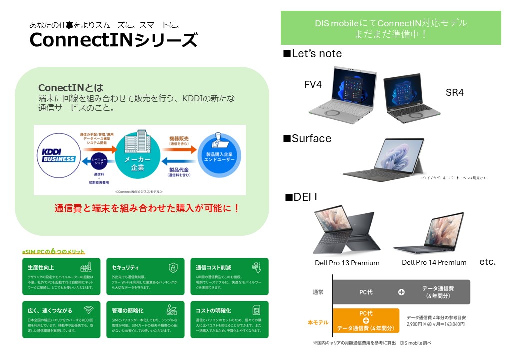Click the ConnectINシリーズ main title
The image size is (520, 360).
click(x=113, y=40)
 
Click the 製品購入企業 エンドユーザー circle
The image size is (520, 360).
click(x=217, y=156)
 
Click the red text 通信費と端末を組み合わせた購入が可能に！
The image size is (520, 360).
click(x=147, y=208)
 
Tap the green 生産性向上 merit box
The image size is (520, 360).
click(x=61, y=276)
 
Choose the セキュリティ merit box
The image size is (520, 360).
click(x=145, y=276)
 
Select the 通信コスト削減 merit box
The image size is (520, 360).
click(x=229, y=276)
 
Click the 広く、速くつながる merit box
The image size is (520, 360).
click(x=61, y=319)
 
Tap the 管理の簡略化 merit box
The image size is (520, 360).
click(x=145, y=319)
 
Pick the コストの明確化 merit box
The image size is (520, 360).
click(x=229, y=319)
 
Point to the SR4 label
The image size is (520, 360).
click(x=455, y=93)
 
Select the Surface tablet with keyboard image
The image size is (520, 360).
click(x=383, y=158)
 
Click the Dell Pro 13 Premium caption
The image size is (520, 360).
click(x=347, y=263)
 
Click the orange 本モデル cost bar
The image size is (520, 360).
click(x=366, y=320)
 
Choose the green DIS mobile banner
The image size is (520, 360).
click(x=391, y=28)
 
